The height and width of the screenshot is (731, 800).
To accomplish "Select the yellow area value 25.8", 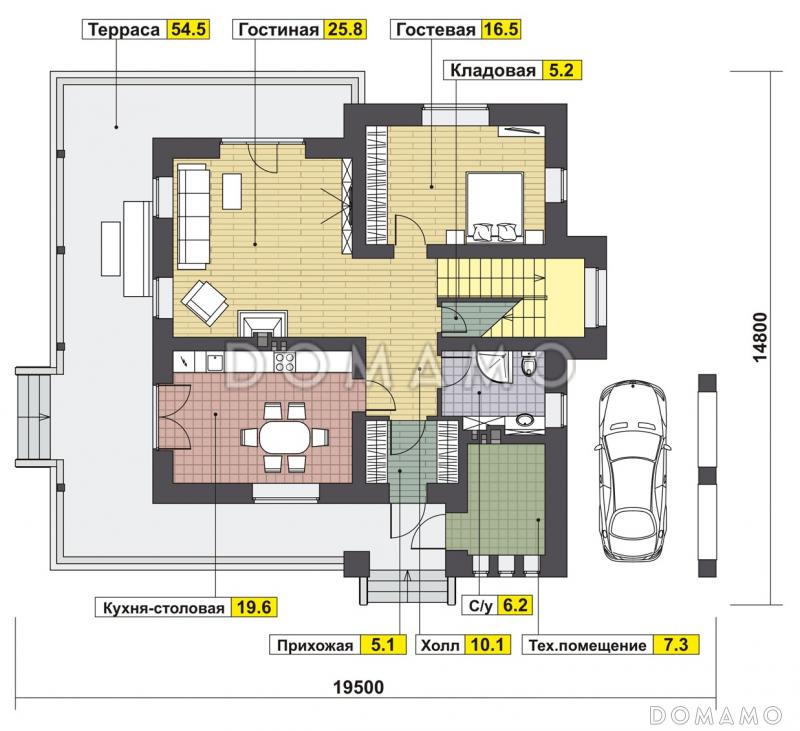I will point(345,30).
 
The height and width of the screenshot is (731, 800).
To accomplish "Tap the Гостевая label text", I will point(435,30).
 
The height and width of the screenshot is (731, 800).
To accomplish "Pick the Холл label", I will point(441,645).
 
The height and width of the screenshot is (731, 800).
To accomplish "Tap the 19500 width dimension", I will point(358,687).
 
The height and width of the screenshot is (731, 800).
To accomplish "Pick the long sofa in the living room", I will point(192,214).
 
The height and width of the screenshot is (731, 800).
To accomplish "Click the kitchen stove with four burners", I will point(282,361).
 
